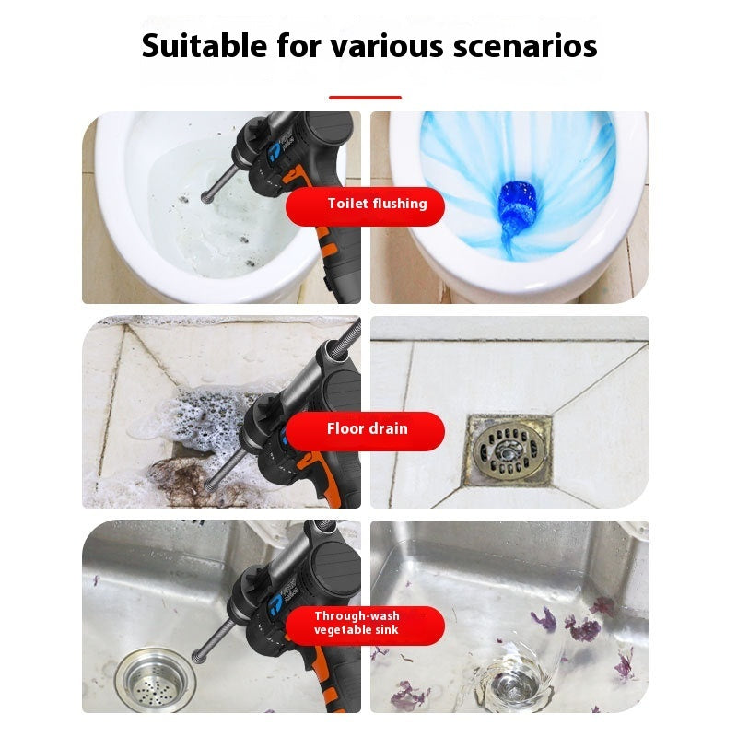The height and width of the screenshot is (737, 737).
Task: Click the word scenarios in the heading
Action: [x=525, y=44]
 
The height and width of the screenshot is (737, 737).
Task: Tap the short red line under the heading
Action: [x=365, y=97]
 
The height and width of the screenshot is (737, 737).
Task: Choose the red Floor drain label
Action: [x=366, y=429]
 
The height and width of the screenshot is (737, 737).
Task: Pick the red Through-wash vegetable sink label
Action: [x=366, y=623]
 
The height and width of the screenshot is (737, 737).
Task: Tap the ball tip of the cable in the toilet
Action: [x=206, y=196]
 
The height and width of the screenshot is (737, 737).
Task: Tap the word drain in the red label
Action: [x=388, y=429]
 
